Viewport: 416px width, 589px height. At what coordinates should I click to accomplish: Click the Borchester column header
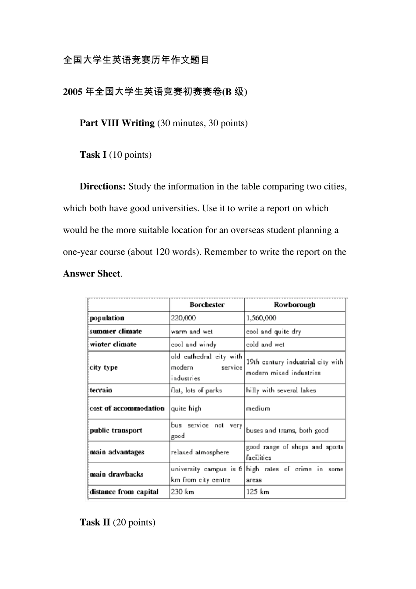coord(207,305)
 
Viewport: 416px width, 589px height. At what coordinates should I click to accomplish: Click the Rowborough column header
coord(294,305)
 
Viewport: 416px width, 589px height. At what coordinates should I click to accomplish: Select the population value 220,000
coord(183,318)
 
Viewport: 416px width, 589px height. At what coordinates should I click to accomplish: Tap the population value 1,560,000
coord(261,318)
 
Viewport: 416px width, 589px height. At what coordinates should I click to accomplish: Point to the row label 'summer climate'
coord(116,331)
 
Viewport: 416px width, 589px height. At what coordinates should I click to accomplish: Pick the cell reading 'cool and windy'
coord(194,344)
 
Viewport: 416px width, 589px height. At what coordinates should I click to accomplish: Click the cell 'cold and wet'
coord(265,344)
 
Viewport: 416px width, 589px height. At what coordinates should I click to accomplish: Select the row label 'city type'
coord(104,367)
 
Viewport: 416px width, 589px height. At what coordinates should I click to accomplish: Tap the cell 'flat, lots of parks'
coord(196,390)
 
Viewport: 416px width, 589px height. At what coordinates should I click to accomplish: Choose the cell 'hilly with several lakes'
coord(281,390)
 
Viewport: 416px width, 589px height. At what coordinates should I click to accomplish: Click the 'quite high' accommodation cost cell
coord(186,408)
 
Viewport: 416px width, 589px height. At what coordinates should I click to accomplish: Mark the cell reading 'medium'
coord(258,408)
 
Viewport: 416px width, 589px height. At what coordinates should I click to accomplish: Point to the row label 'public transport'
coord(116,430)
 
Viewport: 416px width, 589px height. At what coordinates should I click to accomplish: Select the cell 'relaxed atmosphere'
coord(200,452)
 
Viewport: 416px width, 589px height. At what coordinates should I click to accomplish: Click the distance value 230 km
coord(183,492)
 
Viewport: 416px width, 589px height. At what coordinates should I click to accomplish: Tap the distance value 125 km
coord(257,492)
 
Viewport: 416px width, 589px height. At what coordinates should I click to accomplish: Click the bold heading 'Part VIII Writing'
coord(117,123)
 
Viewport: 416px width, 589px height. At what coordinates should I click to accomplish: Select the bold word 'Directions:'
coord(103,187)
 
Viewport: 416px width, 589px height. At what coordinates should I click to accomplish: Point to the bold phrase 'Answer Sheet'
coord(92,274)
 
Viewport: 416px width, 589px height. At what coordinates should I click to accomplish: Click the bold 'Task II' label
coord(95,522)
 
